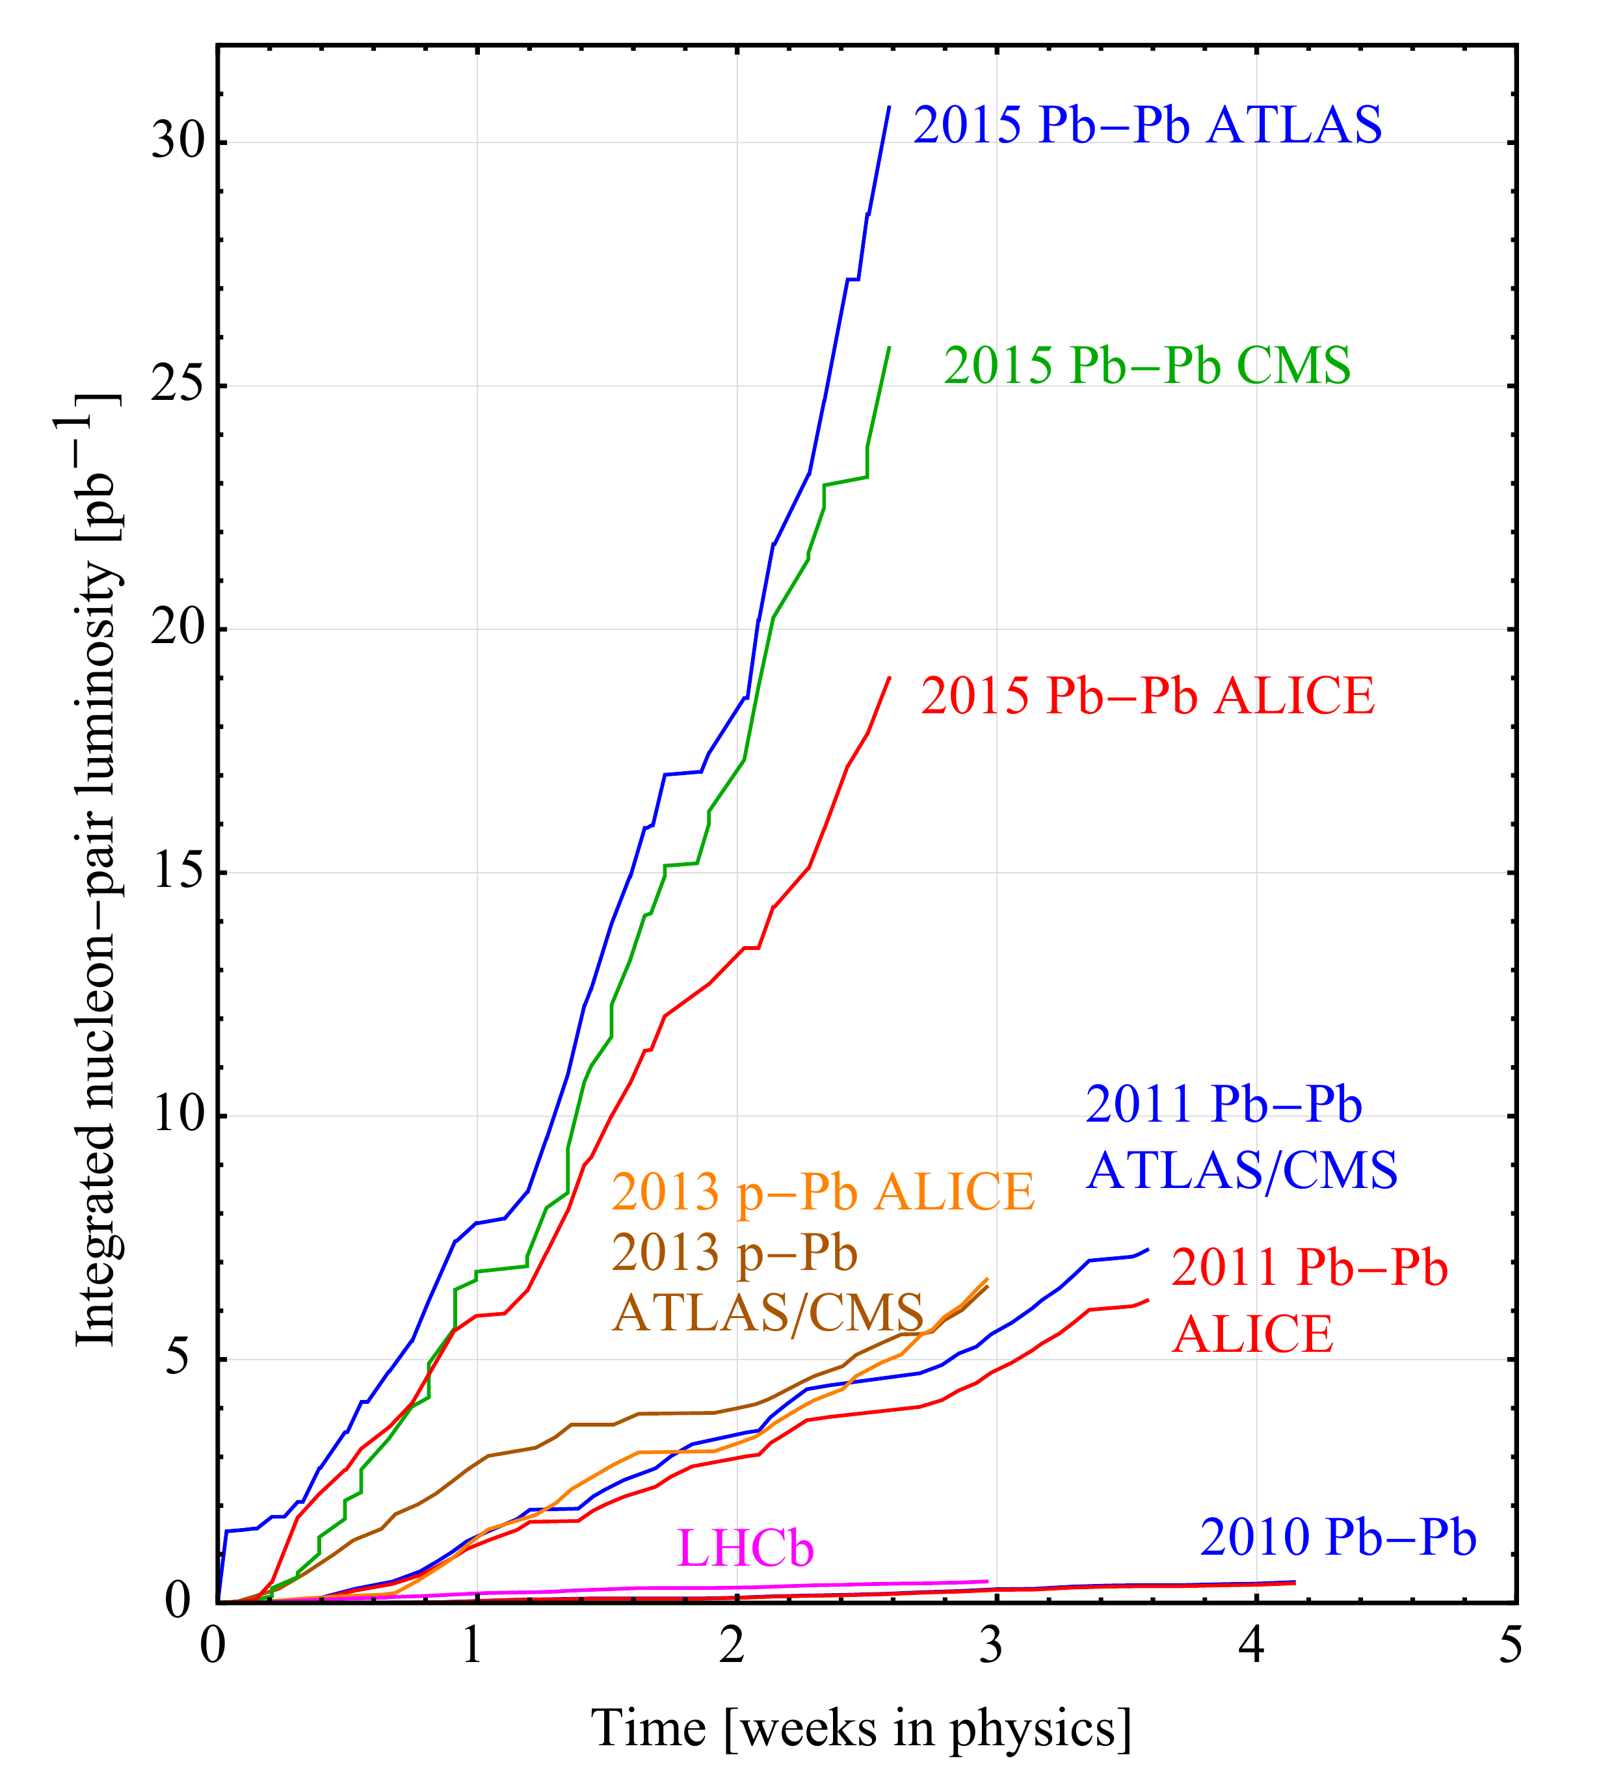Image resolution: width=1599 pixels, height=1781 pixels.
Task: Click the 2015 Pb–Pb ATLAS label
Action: coord(1146,125)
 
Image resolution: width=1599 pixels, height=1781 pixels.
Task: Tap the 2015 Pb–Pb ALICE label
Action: coord(1146,696)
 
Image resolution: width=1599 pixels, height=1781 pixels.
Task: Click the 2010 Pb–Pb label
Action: coord(1337,1537)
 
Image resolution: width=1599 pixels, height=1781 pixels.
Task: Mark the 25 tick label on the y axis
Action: coord(178,385)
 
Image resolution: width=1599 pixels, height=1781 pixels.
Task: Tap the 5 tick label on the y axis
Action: coord(178,1358)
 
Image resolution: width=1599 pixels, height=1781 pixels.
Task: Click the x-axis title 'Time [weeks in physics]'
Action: coord(861,1728)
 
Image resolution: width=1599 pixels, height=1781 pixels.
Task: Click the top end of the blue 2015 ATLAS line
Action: coord(889,107)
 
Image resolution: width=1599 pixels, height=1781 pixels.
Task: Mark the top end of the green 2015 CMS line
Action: coord(889,348)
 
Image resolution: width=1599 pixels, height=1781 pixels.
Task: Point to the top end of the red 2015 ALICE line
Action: coord(889,678)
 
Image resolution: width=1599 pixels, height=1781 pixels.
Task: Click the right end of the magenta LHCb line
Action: coord(988,1581)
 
